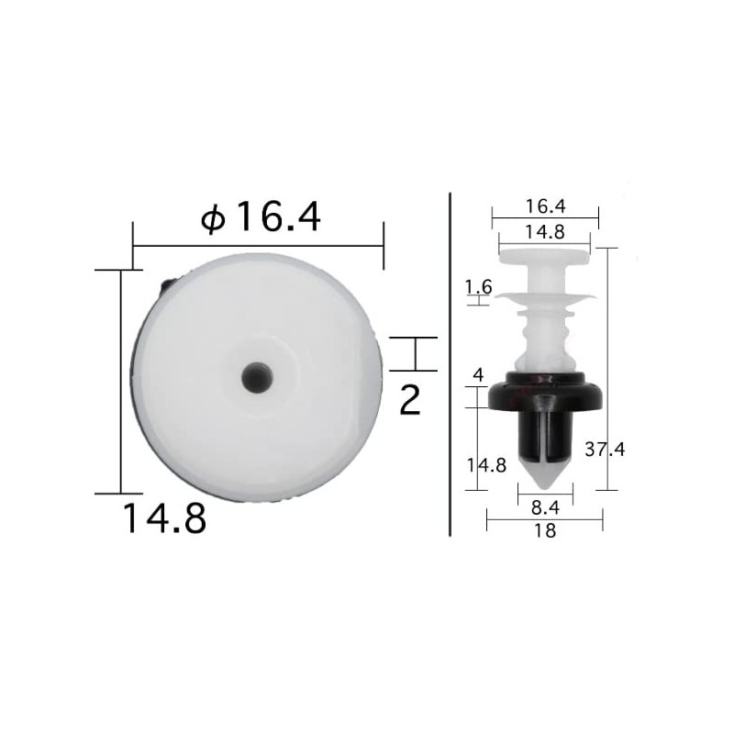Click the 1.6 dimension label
tap(479, 287)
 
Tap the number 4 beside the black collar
tap(476, 373)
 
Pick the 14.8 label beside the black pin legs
tap(486, 464)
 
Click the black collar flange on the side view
tap(545, 395)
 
